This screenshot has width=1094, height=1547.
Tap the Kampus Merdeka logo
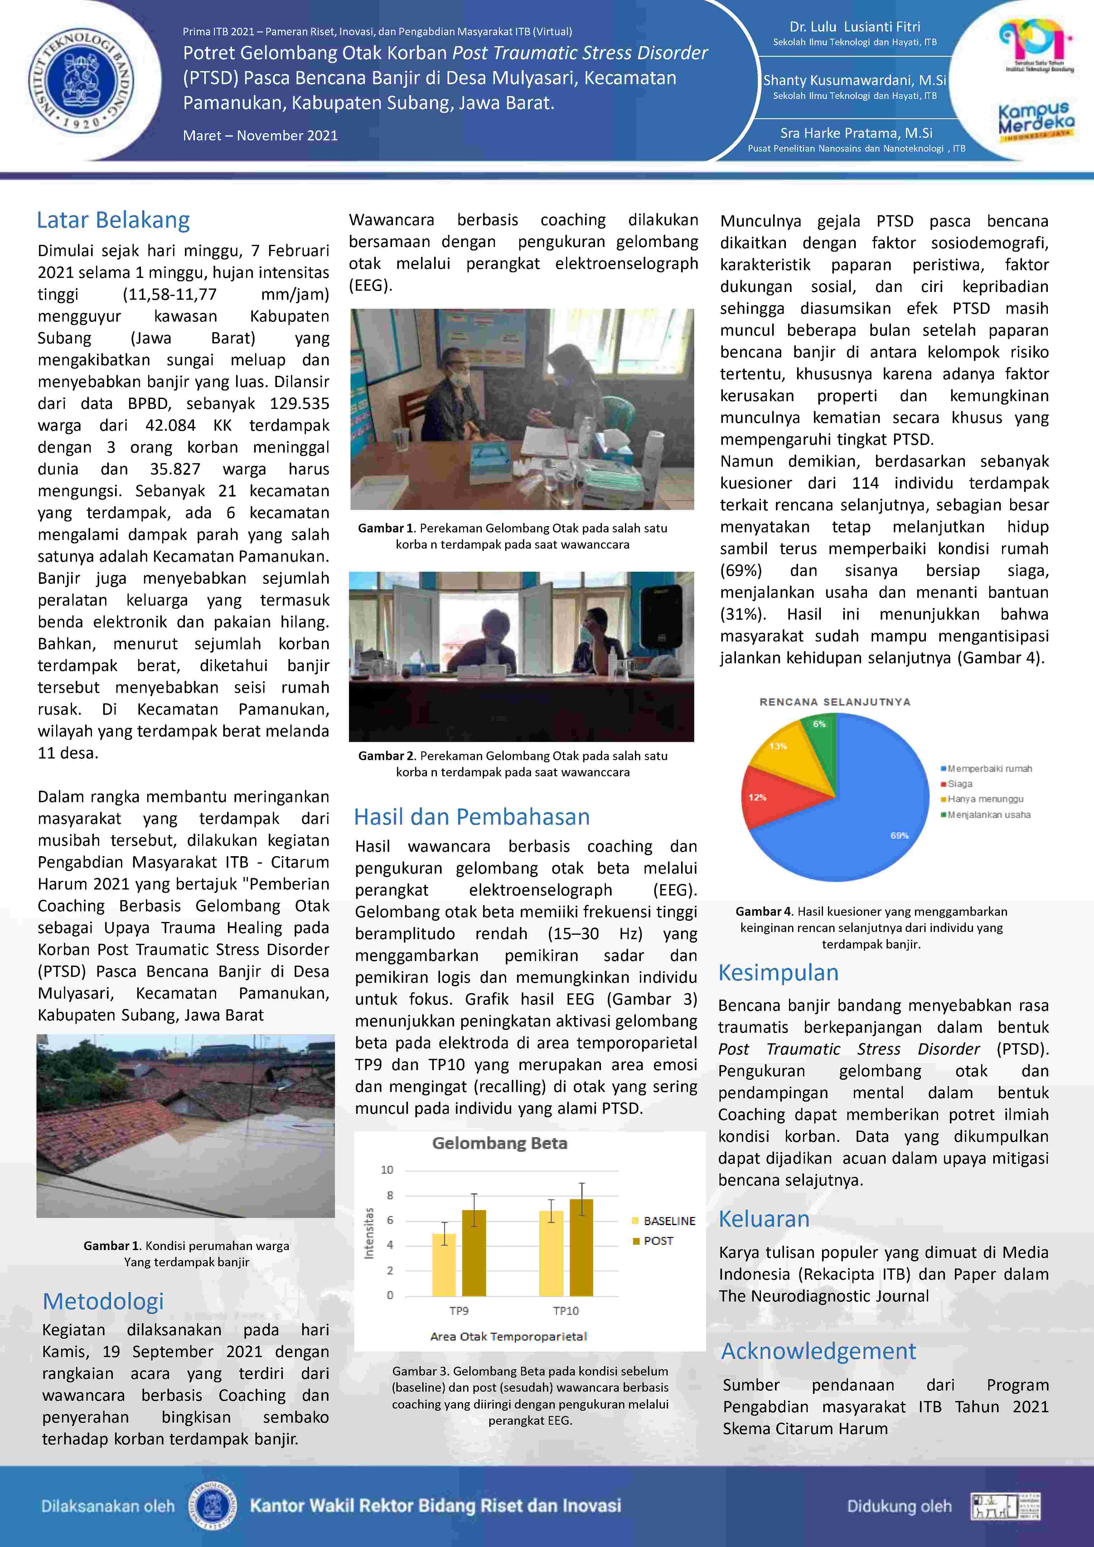[1036, 121]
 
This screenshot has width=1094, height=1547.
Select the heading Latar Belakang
[113, 220]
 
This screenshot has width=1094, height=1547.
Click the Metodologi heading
[103, 1301]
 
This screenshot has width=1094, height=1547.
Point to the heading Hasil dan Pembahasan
[472, 817]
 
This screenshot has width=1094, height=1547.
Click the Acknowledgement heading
[819, 1351]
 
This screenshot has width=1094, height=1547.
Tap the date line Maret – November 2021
[260, 135]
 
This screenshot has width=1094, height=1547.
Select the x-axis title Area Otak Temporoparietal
[509, 1336]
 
